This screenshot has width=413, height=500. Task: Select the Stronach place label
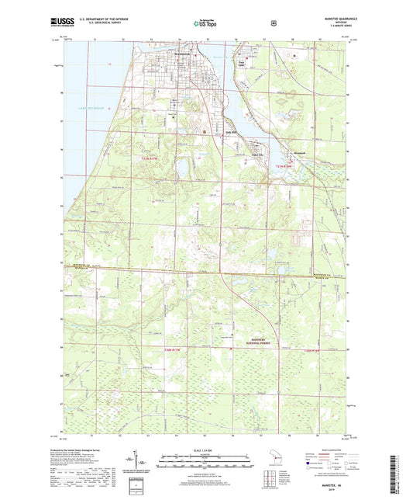(x=300, y=151)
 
